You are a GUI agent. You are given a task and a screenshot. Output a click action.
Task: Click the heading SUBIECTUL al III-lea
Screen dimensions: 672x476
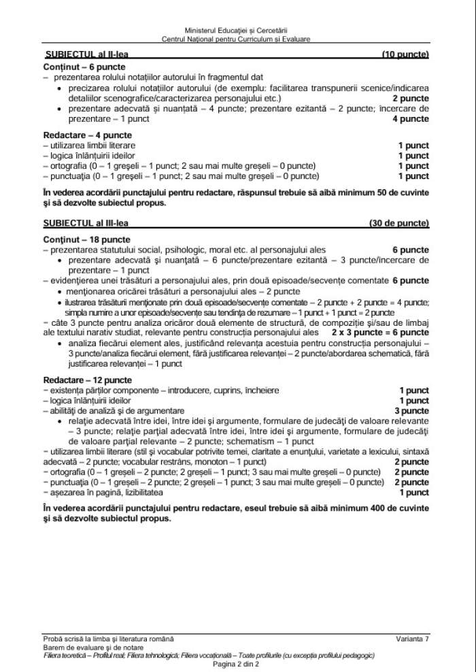pos(88,223)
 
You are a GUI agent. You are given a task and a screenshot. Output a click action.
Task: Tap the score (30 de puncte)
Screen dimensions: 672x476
pos(399,223)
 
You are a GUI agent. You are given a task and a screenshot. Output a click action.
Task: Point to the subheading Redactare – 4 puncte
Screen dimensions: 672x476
pos(78,135)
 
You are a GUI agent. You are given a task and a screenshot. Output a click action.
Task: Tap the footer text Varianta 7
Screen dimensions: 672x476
pos(413,639)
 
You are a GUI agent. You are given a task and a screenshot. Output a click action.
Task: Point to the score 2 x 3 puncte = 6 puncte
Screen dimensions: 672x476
pos(380,333)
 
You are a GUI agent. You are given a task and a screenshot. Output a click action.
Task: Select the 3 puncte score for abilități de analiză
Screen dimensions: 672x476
pos(412,411)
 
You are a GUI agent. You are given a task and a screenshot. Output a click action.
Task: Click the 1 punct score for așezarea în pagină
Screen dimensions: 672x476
pos(414,492)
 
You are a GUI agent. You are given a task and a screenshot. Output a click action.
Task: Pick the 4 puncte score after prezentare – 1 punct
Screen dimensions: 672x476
pos(411,118)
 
